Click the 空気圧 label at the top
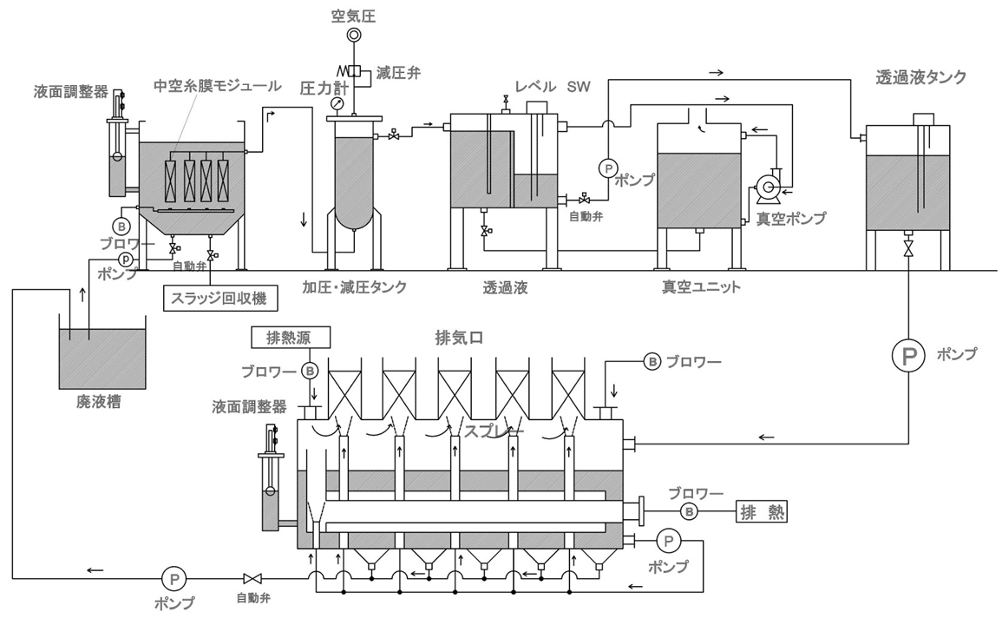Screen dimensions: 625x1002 pyautogui.click(x=353, y=15)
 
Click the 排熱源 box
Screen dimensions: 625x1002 pyautogui.click(x=281, y=337)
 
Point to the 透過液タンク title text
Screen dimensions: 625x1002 pyautogui.click(x=920, y=77)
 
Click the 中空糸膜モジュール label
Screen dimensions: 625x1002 pyautogui.click(x=217, y=86)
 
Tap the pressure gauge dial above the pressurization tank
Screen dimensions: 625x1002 pyautogui.click(x=336, y=104)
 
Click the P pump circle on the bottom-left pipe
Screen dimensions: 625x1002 pyautogui.click(x=173, y=577)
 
